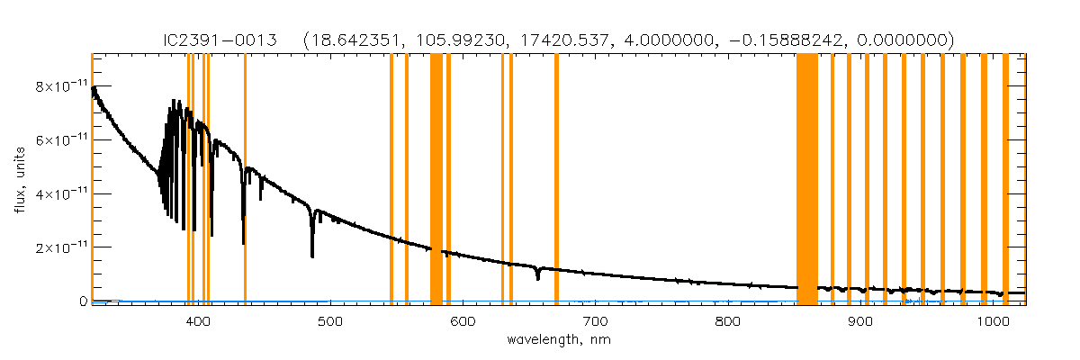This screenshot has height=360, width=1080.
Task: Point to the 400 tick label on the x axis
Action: point(197,321)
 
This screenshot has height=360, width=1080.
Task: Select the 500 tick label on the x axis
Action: point(329,321)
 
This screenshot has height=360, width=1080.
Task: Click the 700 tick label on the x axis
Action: point(595,321)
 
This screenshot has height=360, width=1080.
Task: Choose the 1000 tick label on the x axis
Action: point(993,321)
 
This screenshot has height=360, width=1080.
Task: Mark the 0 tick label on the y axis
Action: point(82,301)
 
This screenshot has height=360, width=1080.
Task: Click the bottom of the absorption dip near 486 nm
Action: point(312,256)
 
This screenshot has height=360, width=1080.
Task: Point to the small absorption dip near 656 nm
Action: point(537,278)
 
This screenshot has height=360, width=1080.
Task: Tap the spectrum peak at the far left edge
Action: point(94,88)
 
